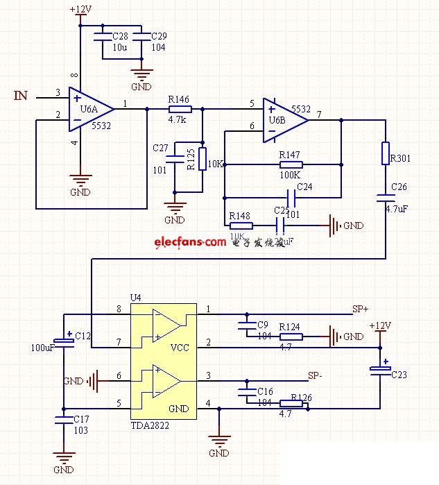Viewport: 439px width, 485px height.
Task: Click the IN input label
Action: (21, 95)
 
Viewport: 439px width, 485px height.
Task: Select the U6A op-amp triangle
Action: (89, 108)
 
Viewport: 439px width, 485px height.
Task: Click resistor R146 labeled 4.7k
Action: (180, 109)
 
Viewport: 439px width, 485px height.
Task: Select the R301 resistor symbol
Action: (386, 153)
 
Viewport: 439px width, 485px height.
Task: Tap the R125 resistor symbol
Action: (203, 158)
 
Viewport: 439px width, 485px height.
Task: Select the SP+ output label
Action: (360, 309)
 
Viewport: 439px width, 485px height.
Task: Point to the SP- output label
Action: (316, 375)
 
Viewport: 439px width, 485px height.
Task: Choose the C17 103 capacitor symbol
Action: (64, 420)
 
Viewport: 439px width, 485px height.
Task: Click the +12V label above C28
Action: (80, 10)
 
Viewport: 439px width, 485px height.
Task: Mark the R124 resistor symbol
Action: (291, 337)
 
